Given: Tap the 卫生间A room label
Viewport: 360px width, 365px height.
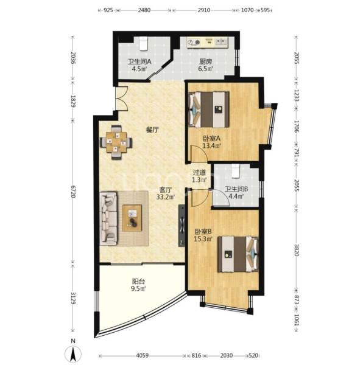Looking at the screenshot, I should tap(139, 60).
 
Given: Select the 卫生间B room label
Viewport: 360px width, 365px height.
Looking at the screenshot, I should tap(235, 189).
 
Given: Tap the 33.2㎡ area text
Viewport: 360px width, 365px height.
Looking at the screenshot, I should tap(166, 196).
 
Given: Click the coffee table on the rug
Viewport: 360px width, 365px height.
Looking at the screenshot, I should tap(132, 216).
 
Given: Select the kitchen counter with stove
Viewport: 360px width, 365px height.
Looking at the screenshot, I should tap(208, 43).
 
